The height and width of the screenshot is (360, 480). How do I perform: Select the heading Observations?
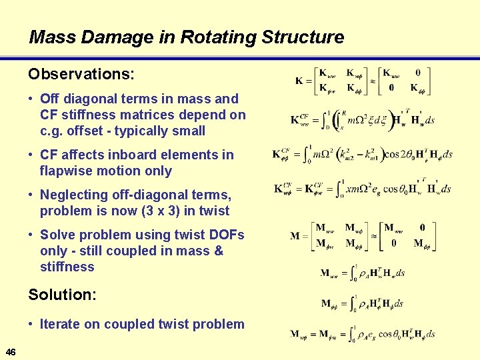[x=81, y=71]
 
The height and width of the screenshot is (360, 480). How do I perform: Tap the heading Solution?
[x=61, y=294]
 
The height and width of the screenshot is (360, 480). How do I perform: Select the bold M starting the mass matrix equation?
[x=295, y=235]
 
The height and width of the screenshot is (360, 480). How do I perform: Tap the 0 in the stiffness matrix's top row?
[x=417, y=73]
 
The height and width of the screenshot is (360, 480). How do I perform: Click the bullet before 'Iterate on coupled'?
[x=31, y=325]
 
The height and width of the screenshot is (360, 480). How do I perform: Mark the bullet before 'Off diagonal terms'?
[x=31, y=99]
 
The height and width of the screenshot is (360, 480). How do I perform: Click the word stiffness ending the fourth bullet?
[x=67, y=267]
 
